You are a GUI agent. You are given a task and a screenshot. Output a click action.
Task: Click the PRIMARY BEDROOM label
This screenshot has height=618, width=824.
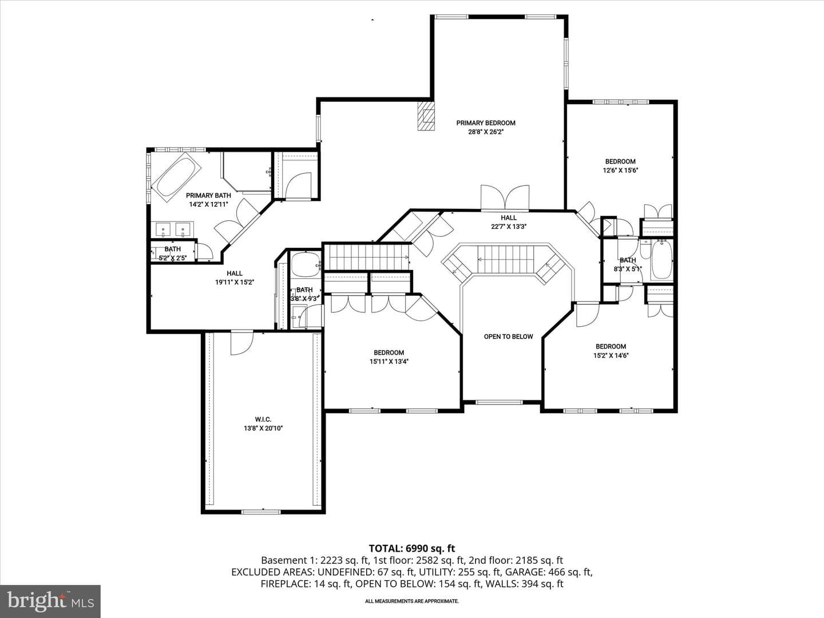click(x=486, y=123)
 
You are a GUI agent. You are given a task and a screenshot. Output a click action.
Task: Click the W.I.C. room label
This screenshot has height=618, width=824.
click(x=263, y=419)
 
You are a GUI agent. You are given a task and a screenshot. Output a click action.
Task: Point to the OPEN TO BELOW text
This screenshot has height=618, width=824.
click(x=508, y=336)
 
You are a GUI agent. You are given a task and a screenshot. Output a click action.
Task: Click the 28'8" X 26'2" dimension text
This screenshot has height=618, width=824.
click(x=486, y=132)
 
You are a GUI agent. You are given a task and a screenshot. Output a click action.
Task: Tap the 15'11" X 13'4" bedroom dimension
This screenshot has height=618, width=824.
click(x=389, y=362)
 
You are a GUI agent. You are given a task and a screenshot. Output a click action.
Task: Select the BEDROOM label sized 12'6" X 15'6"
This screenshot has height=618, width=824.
click(x=620, y=161)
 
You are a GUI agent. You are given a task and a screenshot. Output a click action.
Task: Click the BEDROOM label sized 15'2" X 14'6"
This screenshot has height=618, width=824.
click(x=611, y=346)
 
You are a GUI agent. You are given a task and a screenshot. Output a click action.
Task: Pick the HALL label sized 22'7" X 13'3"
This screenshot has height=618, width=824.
click(x=509, y=217)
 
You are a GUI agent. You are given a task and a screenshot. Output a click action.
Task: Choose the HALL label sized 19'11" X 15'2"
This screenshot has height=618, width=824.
click(x=234, y=273)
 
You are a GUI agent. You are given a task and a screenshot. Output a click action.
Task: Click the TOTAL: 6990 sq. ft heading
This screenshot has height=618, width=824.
click(x=412, y=549)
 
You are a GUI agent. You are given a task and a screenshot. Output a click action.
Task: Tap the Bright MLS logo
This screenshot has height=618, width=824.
click(x=50, y=601)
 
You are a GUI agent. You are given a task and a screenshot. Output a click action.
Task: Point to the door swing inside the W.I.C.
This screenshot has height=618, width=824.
click(x=241, y=343)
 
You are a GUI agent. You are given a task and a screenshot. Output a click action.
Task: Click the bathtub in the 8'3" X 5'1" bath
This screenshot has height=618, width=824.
click(x=662, y=260)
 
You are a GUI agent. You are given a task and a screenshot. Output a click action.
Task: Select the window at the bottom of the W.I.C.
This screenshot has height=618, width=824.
click(x=261, y=512)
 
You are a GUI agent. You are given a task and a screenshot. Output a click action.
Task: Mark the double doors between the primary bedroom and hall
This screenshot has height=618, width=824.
click(x=505, y=197)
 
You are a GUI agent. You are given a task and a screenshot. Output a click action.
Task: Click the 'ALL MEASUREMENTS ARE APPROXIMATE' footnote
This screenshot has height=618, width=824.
click(x=412, y=601)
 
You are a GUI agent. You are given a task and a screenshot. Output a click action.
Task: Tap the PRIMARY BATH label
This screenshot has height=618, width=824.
click(x=208, y=196)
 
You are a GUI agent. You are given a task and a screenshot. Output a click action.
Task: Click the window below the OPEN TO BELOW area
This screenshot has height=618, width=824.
click(x=500, y=402)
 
